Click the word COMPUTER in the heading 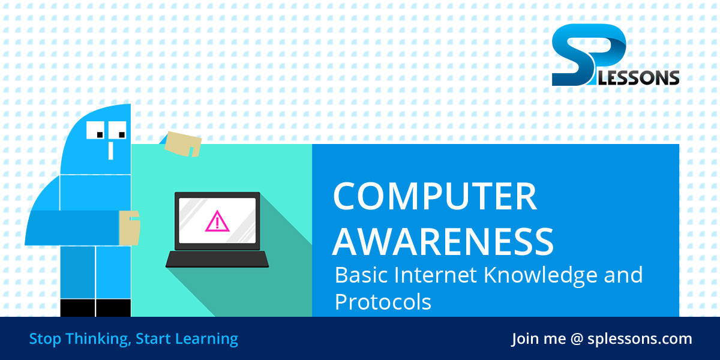434,196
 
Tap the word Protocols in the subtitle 383,302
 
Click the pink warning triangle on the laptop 217,221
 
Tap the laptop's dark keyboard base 217,259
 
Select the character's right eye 118,130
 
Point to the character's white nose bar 110,148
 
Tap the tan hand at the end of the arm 129,227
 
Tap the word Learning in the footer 207,339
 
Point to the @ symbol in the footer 577,339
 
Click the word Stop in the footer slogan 44,339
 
